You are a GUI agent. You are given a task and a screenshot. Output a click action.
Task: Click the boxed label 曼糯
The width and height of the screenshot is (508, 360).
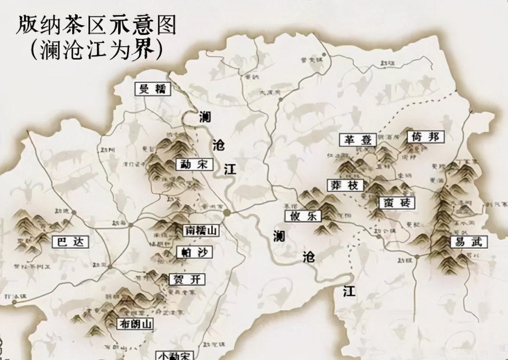coord(152,89)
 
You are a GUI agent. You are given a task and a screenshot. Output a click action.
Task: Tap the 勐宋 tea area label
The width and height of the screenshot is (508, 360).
coord(194,164)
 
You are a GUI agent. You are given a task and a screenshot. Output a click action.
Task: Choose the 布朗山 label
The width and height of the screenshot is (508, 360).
coord(135,324)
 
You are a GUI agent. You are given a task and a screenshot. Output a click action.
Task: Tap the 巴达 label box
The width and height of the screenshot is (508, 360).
coord(70,242)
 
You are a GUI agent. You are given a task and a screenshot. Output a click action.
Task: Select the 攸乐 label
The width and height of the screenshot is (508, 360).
coord(303,216)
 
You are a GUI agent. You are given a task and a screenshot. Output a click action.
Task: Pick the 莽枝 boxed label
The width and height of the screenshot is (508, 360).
coord(345,185)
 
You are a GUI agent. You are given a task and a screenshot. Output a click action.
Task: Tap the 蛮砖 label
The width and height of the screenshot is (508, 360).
coord(397,203)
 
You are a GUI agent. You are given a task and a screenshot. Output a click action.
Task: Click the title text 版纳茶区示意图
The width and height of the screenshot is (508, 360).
coord(96,26)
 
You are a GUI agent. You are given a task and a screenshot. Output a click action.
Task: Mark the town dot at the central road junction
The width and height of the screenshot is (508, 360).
coord(227,212)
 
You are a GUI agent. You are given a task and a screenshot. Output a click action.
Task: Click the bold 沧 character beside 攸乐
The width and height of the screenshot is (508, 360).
coord(309,256)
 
